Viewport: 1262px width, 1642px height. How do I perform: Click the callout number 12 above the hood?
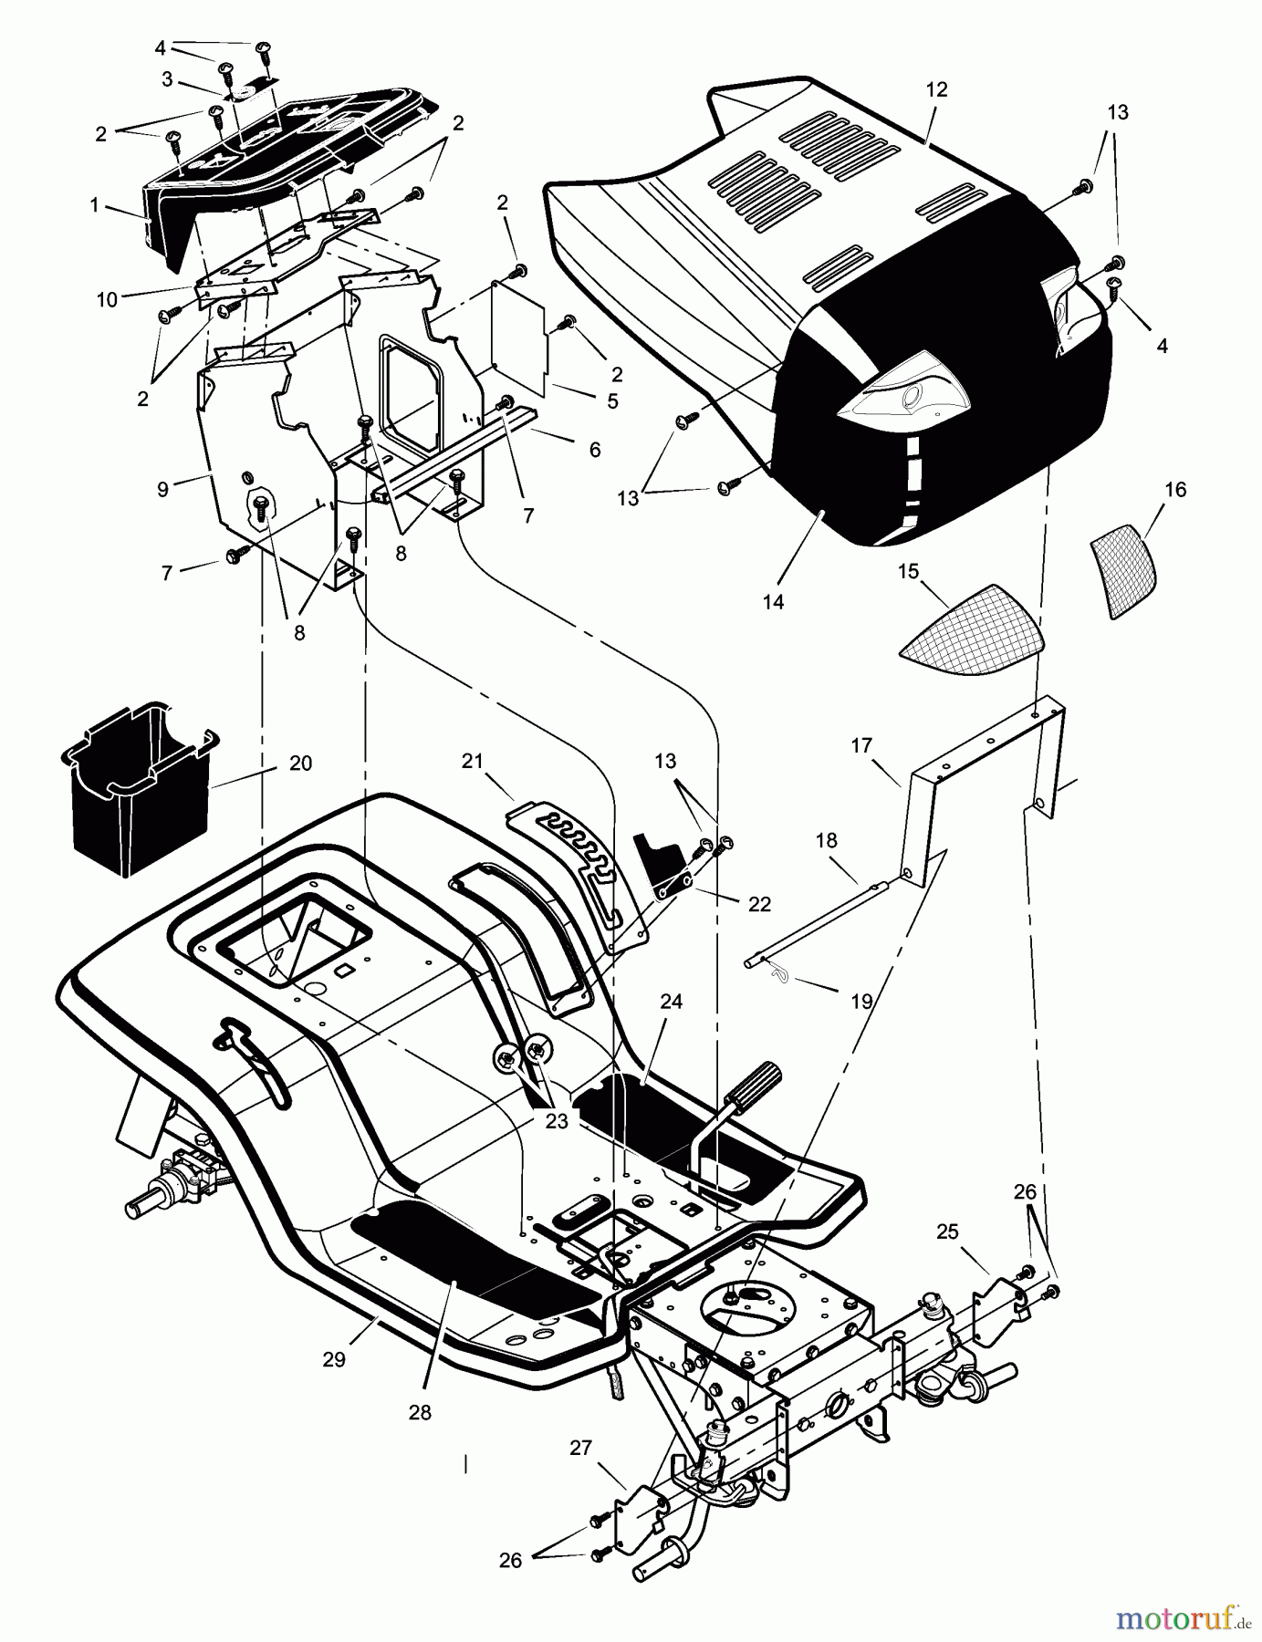[936, 89]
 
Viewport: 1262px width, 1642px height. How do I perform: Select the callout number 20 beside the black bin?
[300, 764]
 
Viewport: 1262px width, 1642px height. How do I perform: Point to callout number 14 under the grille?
[773, 602]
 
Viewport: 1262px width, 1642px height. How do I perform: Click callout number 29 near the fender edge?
[334, 1358]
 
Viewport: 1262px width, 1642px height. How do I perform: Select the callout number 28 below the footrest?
[420, 1411]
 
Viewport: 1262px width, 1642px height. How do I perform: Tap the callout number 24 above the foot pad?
[672, 1002]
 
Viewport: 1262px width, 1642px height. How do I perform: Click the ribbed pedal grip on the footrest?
[750, 1079]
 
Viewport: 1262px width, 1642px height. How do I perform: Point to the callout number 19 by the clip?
[860, 1001]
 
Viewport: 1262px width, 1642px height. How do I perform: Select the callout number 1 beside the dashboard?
[94, 206]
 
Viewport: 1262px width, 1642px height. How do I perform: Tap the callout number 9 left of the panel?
[162, 489]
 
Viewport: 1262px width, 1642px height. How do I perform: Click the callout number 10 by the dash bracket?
[108, 299]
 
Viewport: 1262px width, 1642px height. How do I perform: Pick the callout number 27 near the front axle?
[580, 1447]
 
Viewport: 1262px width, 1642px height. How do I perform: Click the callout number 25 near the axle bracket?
[947, 1231]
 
